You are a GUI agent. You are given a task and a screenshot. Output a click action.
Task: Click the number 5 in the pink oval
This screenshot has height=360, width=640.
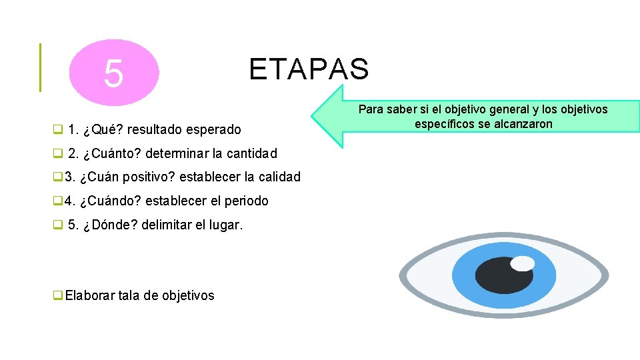[x=114, y=73]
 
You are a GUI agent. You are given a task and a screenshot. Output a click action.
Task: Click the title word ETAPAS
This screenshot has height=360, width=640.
[x=308, y=69]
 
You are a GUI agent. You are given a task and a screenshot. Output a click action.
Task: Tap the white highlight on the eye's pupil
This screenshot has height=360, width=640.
[x=523, y=263]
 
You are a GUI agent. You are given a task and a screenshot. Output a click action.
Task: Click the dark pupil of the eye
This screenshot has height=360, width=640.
[x=505, y=275]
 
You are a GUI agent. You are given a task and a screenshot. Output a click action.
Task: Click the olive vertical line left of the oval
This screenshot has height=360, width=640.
[x=40, y=67]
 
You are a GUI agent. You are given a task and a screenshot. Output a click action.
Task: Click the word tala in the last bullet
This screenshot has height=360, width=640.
[x=129, y=295]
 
